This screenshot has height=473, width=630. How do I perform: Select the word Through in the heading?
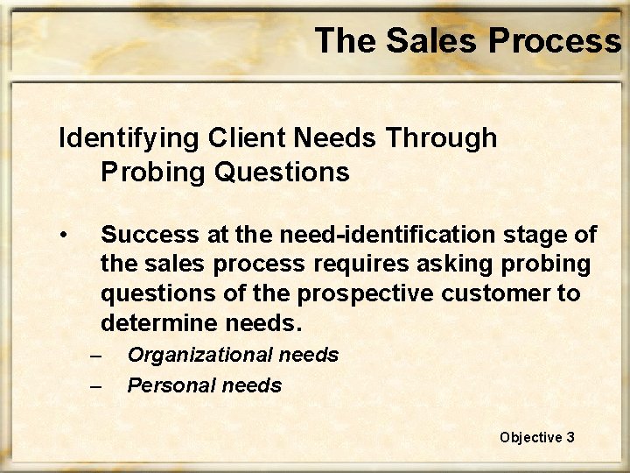click(444, 138)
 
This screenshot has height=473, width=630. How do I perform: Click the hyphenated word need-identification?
click(368, 235)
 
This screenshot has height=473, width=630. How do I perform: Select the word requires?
click(320, 265)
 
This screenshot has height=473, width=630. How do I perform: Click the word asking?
click(417, 265)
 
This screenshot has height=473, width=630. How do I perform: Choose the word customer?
click(493, 293)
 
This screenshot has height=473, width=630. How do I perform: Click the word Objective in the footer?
click(529, 436)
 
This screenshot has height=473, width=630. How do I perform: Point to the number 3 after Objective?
click(570, 436)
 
